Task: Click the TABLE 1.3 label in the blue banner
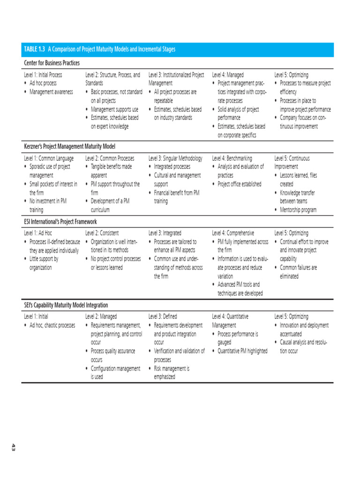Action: pyautogui.click(x=34, y=50)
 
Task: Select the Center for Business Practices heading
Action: pyautogui.click(x=52, y=63)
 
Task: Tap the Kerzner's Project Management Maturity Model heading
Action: pyautogui.click(x=69, y=147)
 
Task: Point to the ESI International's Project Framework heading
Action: pyautogui.click(x=60, y=221)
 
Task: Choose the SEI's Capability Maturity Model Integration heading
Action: pyautogui.click(x=66, y=305)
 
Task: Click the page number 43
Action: pyautogui.click(x=14, y=448)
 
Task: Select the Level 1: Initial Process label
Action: pyautogui.click(x=43, y=75)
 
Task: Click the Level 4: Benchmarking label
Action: pyautogui.click(x=232, y=158)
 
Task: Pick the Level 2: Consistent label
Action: pyautogui.click(x=102, y=233)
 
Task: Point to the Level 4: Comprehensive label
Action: pyautogui.click(x=233, y=233)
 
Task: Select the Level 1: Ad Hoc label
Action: pyautogui.click(x=38, y=233)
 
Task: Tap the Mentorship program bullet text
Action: pyautogui.click(x=298, y=210)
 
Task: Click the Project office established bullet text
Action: pyautogui.click(x=240, y=184)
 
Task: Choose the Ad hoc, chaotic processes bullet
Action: pyautogui.click(x=52, y=325)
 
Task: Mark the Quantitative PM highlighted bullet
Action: pyautogui.click(x=242, y=351)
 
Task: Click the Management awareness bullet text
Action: pyautogui.click(x=51, y=92)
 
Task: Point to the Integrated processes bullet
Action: pyautogui.click(x=172, y=167)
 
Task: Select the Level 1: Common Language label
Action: pyautogui.click(x=49, y=158)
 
